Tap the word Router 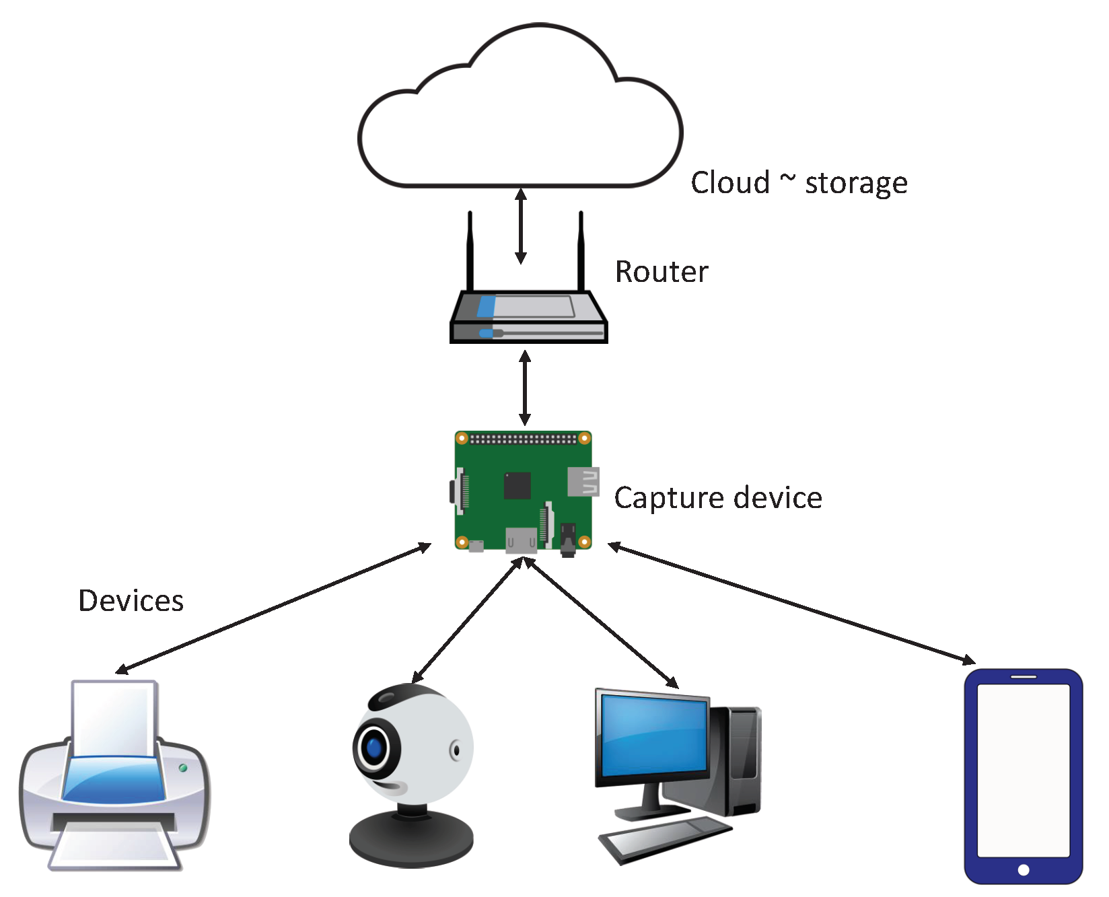point(661,272)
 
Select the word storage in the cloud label point(856,184)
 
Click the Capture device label point(718,499)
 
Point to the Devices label point(131,600)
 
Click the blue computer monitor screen point(655,735)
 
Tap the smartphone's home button point(1024,870)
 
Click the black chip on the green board point(517,485)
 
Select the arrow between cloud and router point(521,226)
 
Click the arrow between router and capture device point(526,388)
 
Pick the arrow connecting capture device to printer point(273,608)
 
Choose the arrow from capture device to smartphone point(791,603)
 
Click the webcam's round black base point(411,839)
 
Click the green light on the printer point(182,768)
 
